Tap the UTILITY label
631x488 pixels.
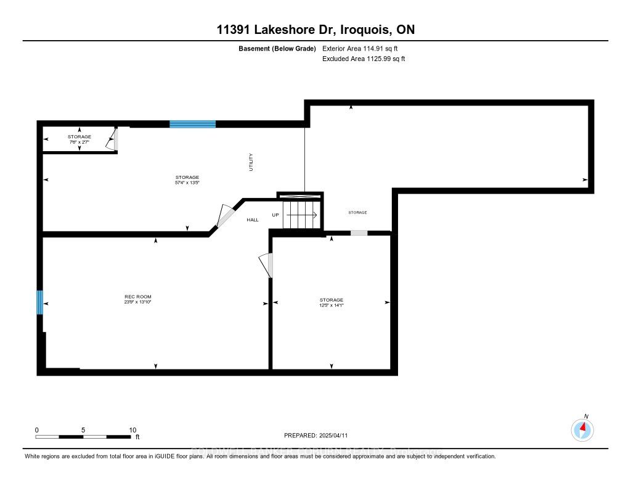tap(251, 162)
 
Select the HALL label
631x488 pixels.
tap(253, 220)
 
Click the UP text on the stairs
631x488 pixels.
tap(276, 215)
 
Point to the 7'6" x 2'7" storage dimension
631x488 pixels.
tap(79, 143)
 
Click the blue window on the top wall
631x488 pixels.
tap(192, 124)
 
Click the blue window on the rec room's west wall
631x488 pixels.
tap(40, 302)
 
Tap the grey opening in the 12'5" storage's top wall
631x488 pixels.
tap(359, 233)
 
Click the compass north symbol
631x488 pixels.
tap(582, 429)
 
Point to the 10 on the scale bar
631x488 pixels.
tap(132, 430)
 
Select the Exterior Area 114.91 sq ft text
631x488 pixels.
tap(364, 48)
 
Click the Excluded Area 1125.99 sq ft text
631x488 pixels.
tap(364, 59)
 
